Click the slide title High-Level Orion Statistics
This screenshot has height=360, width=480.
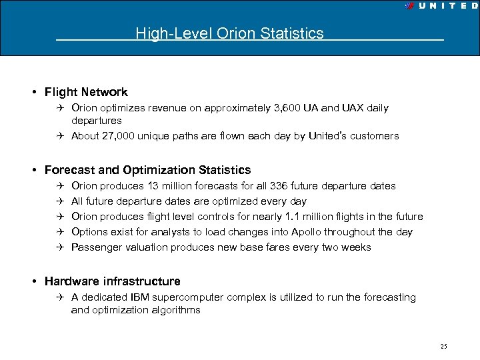229,33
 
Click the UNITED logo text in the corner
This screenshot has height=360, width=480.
445,6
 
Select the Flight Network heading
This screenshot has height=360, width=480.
86,92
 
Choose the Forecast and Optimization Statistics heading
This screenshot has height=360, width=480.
147,170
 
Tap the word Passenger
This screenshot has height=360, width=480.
96,247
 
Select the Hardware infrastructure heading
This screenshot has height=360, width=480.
112,281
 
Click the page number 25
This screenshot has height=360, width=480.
443,346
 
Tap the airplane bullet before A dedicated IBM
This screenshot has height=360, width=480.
59,297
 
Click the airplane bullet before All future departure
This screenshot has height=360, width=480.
59,201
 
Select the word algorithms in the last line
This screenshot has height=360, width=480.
176,310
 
